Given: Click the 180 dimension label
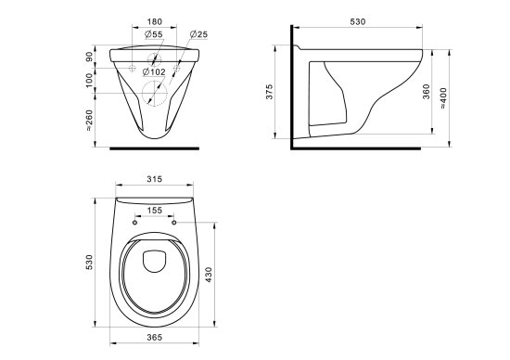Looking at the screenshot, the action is pyautogui.click(x=155, y=22).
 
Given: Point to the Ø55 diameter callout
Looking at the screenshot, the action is pyautogui.click(x=154, y=34).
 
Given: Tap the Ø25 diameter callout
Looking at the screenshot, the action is pyautogui.click(x=198, y=34).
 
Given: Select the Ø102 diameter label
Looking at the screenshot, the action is pyautogui.click(x=154, y=72).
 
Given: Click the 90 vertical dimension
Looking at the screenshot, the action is pyautogui.click(x=89, y=57).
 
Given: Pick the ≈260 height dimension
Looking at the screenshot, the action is pyautogui.click(x=89, y=120).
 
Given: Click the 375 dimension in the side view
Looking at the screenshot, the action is pyautogui.click(x=269, y=92).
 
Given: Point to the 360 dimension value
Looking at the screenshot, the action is pyautogui.click(x=427, y=92).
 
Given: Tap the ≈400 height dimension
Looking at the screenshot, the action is pyautogui.click(x=443, y=98).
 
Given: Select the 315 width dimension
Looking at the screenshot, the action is pyautogui.click(x=155, y=179).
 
